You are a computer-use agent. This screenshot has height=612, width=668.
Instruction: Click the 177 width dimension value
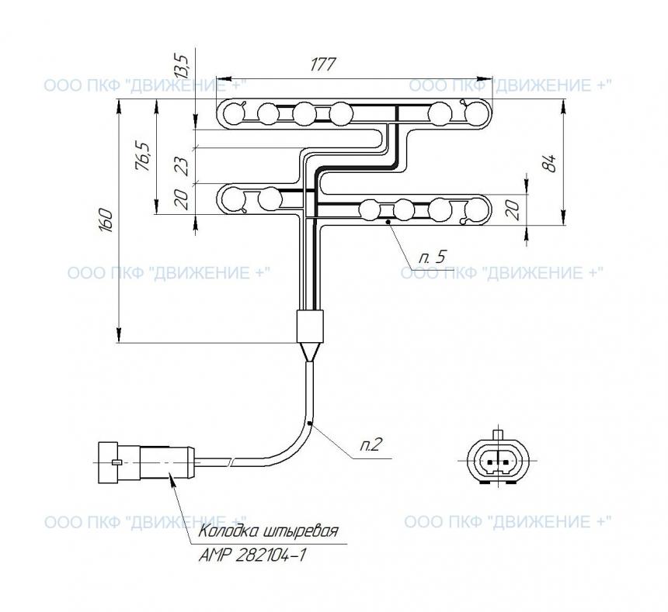click(323, 64)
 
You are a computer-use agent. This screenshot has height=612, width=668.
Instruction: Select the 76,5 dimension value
click(143, 156)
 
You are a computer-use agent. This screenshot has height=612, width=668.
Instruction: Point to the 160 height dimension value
click(106, 220)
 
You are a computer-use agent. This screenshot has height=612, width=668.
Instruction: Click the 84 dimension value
click(551, 163)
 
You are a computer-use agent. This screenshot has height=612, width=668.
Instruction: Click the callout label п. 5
click(432, 257)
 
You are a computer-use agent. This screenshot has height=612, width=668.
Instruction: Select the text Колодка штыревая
click(269, 531)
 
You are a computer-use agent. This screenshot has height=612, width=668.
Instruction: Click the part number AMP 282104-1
click(252, 555)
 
